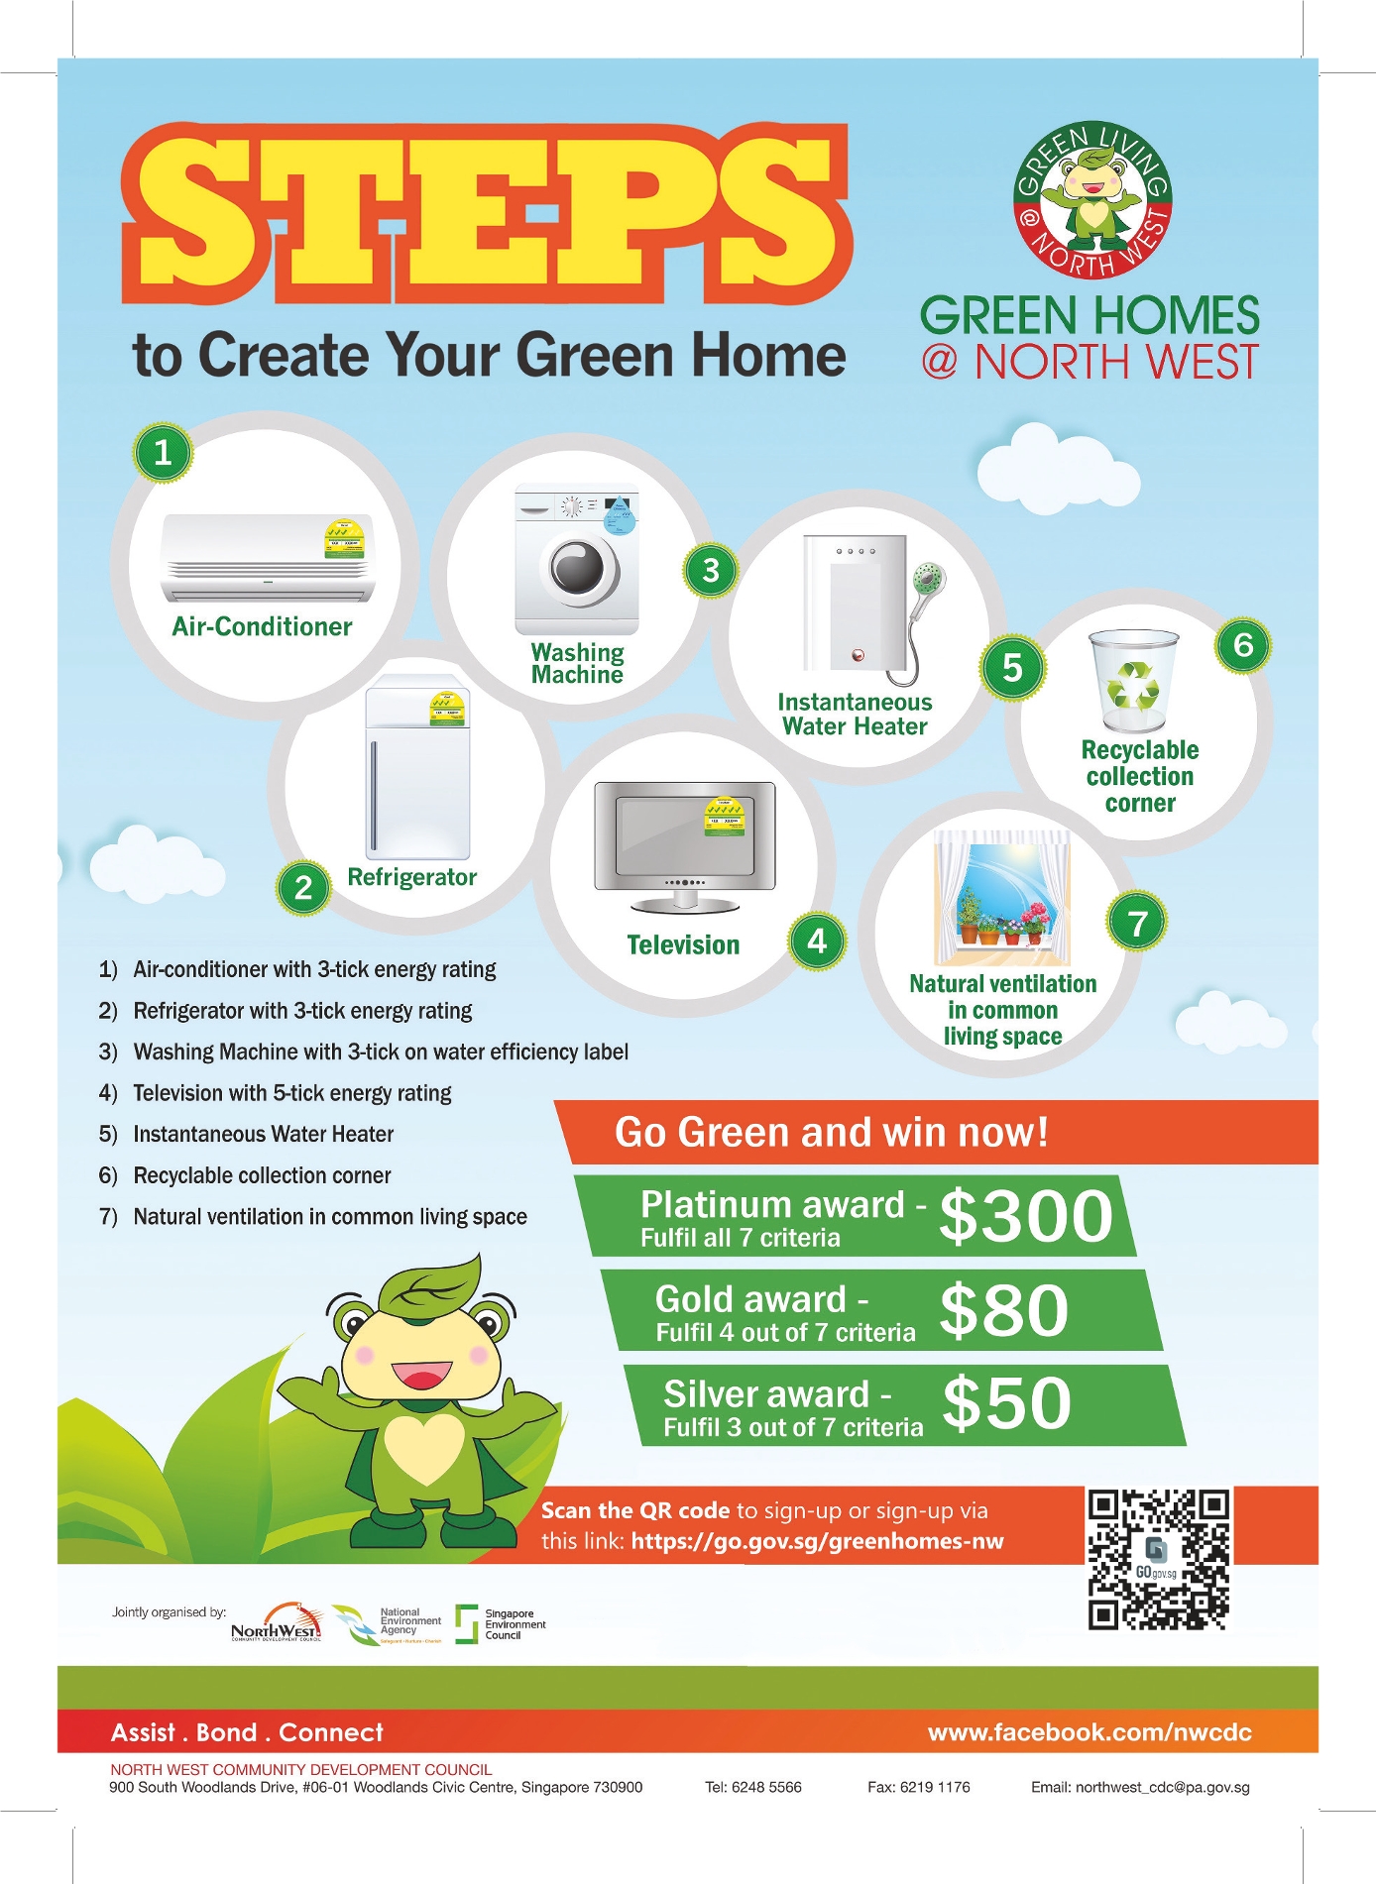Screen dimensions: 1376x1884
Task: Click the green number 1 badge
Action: [163, 453]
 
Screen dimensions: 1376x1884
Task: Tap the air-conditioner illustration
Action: [268, 558]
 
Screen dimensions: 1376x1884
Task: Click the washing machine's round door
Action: [578, 569]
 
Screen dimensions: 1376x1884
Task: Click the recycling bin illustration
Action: [1134, 681]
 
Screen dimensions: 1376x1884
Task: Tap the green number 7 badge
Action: [1137, 922]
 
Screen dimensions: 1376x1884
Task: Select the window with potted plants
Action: [1002, 898]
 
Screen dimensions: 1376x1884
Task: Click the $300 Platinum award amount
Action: [1026, 1216]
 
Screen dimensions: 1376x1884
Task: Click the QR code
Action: [1159, 1560]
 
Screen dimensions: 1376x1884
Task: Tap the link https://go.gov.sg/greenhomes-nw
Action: [817, 1541]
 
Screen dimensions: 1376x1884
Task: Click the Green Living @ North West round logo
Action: [1091, 201]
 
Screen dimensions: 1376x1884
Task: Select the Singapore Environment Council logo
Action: [501, 1624]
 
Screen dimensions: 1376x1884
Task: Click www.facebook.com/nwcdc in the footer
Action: [1089, 1732]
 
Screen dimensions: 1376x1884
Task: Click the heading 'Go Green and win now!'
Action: [831, 1132]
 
